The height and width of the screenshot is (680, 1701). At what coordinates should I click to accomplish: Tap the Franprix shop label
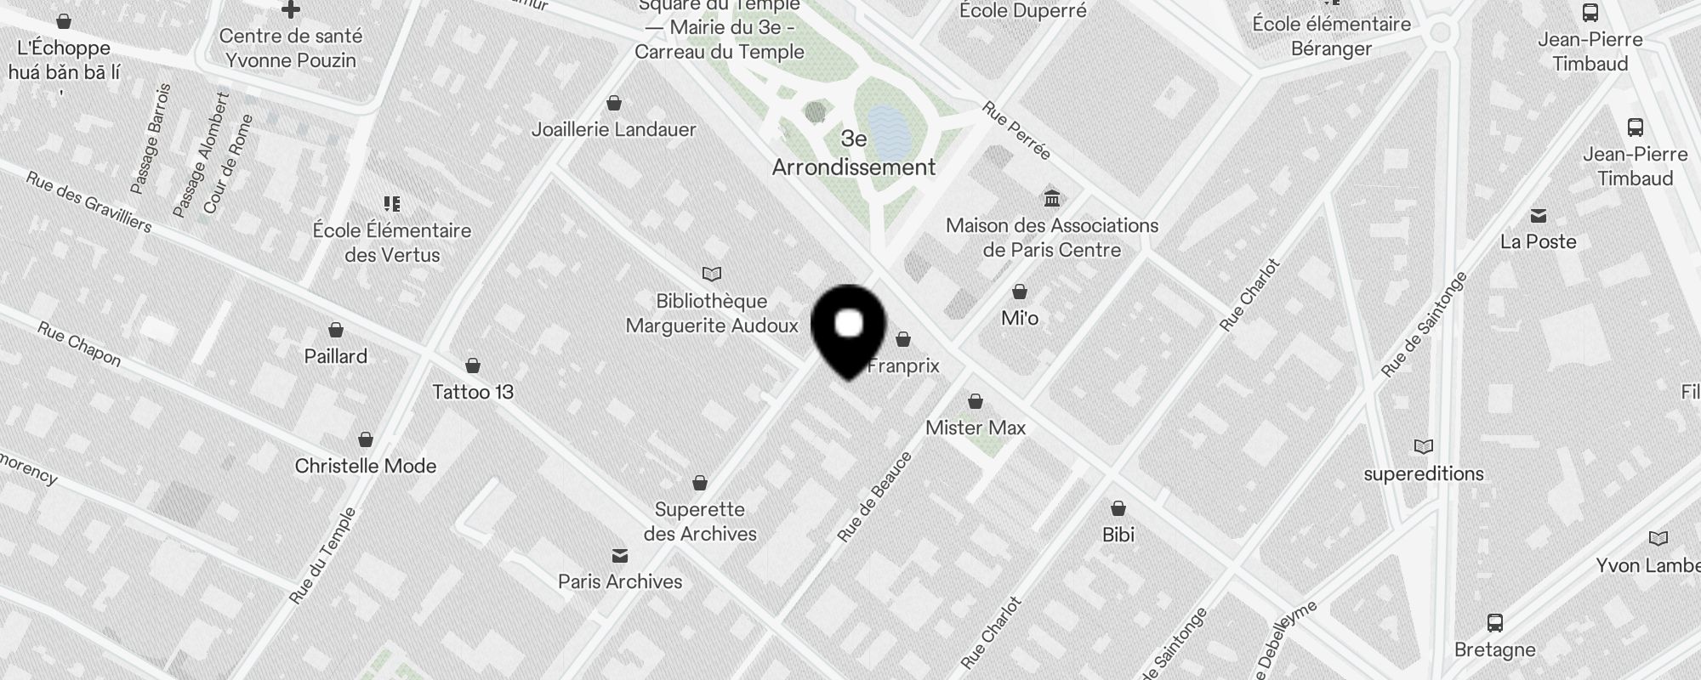pos(903,365)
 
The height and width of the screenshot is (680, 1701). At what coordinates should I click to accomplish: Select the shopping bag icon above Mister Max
pos(976,401)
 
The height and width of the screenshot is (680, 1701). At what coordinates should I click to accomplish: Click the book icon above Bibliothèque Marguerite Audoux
pos(712,274)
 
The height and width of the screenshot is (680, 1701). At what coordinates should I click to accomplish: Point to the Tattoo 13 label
pos(473,392)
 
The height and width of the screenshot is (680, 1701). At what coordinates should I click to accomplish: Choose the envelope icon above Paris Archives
pos(620,556)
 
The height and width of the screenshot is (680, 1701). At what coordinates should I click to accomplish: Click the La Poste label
pos(1538,241)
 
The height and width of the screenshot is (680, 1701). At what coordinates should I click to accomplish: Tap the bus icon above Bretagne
pos(1494,623)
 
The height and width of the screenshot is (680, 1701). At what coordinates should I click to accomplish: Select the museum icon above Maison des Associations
pos(1052,198)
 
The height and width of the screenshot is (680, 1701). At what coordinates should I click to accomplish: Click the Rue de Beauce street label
pos(874,497)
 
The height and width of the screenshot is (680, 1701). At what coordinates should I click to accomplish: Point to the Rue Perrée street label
pos(1017,131)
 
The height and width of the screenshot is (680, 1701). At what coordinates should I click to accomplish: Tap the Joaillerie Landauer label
pos(613,129)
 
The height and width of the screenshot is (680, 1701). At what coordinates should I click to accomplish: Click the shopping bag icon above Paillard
pos(336,330)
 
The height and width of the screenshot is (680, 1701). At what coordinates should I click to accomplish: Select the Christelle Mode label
pos(366,466)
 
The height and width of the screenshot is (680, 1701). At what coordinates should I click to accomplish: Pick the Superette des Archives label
pos(700,521)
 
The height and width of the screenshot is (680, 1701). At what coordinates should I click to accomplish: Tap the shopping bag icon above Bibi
pos(1118,508)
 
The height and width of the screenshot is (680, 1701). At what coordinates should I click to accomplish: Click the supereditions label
pos(1423,473)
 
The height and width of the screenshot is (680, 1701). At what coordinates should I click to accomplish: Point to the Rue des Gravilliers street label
pos(88,202)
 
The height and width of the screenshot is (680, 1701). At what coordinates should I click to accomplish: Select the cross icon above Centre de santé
pos(291,10)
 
